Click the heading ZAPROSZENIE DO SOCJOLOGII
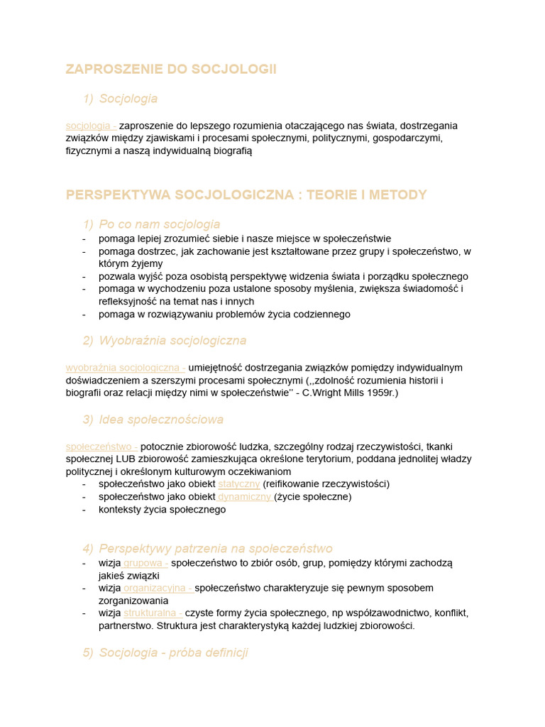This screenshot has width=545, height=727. (x=171, y=69)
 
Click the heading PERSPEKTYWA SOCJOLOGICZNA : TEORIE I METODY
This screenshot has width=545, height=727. (x=246, y=195)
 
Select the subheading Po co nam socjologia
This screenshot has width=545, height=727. (x=160, y=224)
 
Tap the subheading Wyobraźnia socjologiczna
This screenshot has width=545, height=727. (x=172, y=341)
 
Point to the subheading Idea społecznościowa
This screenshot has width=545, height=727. (x=161, y=420)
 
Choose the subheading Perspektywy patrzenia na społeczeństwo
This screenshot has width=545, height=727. (x=216, y=549)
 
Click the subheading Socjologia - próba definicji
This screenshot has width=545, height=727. (x=173, y=652)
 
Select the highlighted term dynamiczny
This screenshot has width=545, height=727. (x=244, y=497)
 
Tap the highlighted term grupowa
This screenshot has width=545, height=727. (x=144, y=563)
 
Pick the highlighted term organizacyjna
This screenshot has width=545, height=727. (x=156, y=588)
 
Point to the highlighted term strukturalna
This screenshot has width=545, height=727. (x=151, y=613)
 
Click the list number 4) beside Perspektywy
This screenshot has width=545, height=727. (x=87, y=549)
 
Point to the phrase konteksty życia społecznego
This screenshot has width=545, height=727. (x=163, y=510)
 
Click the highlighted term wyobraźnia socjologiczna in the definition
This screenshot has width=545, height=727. (x=123, y=368)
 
